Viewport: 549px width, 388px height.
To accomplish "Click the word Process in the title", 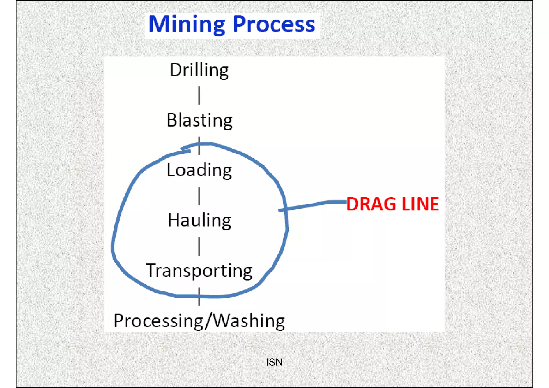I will click(x=274, y=25).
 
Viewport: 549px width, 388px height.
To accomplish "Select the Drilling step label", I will click(x=199, y=70).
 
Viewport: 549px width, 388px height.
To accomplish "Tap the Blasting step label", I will click(x=199, y=120).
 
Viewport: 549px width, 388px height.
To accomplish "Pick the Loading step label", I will click(x=199, y=170).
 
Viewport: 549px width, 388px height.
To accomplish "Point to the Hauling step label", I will click(x=199, y=220).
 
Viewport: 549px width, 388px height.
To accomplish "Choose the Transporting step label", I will click(x=199, y=271).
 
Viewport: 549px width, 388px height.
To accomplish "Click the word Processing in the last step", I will click(x=158, y=321).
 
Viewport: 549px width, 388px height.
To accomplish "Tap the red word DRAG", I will click(x=371, y=204).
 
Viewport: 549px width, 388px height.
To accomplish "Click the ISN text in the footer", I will click(x=274, y=362).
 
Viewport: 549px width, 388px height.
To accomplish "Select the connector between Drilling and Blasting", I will click(x=199, y=95).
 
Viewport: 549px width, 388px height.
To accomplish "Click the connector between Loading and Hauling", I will click(x=199, y=196).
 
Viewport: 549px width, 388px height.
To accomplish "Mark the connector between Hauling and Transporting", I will click(x=199, y=246).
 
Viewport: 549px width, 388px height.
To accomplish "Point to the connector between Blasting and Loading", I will click(x=199, y=146).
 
